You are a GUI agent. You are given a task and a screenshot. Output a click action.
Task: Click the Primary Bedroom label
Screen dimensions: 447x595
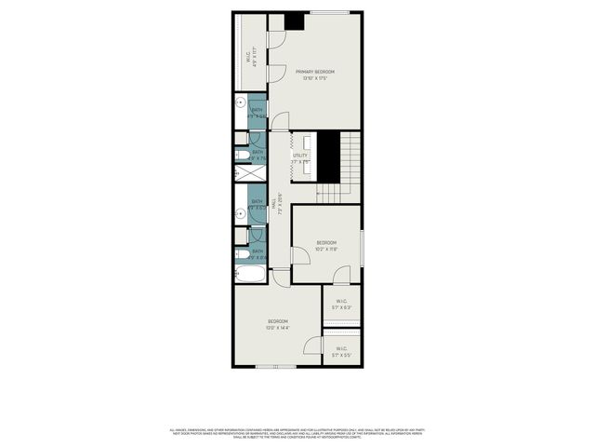click(x=315, y=72)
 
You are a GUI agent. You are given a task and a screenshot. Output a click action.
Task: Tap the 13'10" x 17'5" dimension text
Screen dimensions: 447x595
click(x=315, y=78)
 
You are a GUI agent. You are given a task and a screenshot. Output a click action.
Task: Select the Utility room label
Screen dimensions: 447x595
click(x=299, y=156)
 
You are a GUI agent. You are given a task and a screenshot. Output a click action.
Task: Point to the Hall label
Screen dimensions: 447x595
click(x=274, y=204)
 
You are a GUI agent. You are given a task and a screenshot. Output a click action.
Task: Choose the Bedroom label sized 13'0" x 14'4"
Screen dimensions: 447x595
click(x=278, y=321)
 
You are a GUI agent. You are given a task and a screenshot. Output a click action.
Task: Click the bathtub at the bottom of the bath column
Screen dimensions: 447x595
click(x=249, y=275)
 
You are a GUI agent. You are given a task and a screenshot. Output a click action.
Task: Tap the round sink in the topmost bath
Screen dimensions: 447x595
click(x=240, y=103)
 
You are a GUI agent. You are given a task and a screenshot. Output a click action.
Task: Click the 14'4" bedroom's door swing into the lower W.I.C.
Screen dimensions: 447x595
click(x=310, y=347)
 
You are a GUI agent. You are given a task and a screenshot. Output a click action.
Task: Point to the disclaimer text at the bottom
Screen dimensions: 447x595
click(x=297, y=434)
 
